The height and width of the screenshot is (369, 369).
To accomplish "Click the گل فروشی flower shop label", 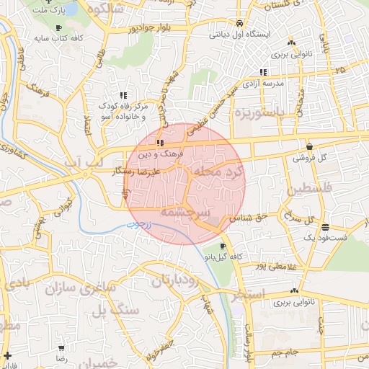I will tap(309, 157).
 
